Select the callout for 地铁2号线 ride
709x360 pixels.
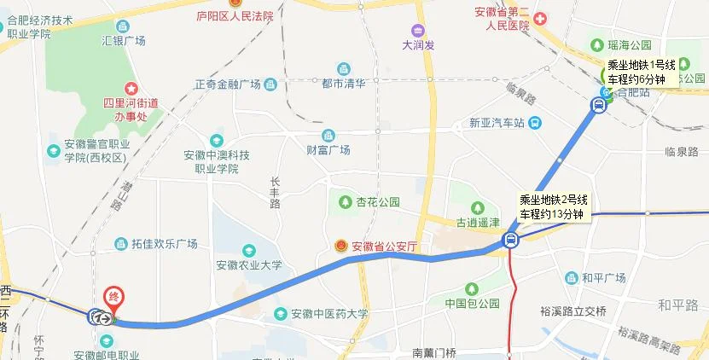pyautogui.click(x=554, y=206)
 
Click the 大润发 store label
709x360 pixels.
pyautogui.click(x=418, y=45)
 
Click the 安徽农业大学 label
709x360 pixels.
pyautogui.click(x=248, y=265)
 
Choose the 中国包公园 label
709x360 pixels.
pyautogui.click(x=471, y=304)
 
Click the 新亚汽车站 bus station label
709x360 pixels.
pyautogui.click(x=496, y=123)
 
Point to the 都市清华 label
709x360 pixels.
pyautogui.click(x=344, y=83)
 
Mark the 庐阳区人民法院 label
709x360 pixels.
pyautogui.click(x=235, y=15)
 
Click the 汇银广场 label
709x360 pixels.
pyautogui.click(x=124, y=40)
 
